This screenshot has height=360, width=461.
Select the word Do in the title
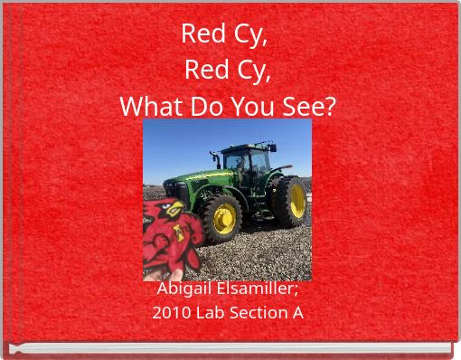pyautogui.click(x=204, y=106)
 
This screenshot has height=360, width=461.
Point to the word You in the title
pyautogui.click(x=250, y=106)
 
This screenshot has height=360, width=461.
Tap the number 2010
pyautogui.click(x=169, y=313)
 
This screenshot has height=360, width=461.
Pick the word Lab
pyautogui.click(x=206, y=313)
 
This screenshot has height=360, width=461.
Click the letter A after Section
pyautogui.click(x=297, y=313)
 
